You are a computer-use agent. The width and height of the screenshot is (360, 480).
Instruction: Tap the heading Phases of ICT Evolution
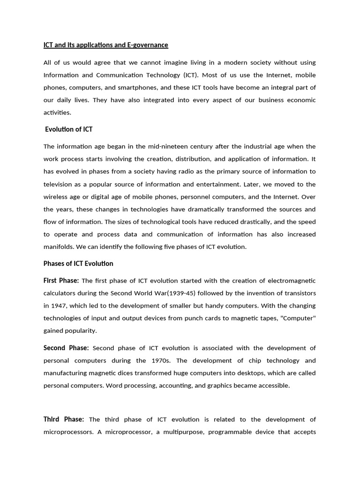(78, 263)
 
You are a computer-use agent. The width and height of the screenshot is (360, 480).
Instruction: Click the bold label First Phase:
(61, 281)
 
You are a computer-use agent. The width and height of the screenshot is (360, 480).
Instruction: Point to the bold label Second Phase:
(66, 348)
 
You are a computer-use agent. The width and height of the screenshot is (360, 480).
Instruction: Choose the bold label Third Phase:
(64, 419)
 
